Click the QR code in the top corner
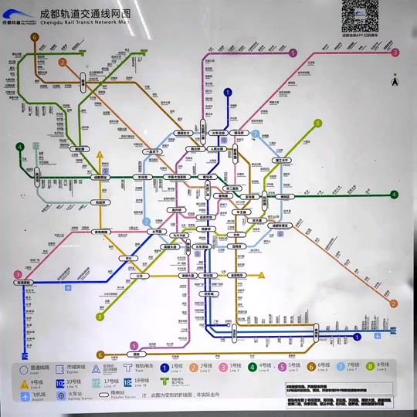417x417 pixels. point(360,15)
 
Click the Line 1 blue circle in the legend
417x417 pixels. point(164,368)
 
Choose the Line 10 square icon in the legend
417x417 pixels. point(59,382)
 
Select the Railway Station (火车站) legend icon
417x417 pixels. point(60,395)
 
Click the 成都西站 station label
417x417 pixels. point(100,178)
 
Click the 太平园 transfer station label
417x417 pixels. point(155,230)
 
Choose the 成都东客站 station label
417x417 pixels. point(279,225)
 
